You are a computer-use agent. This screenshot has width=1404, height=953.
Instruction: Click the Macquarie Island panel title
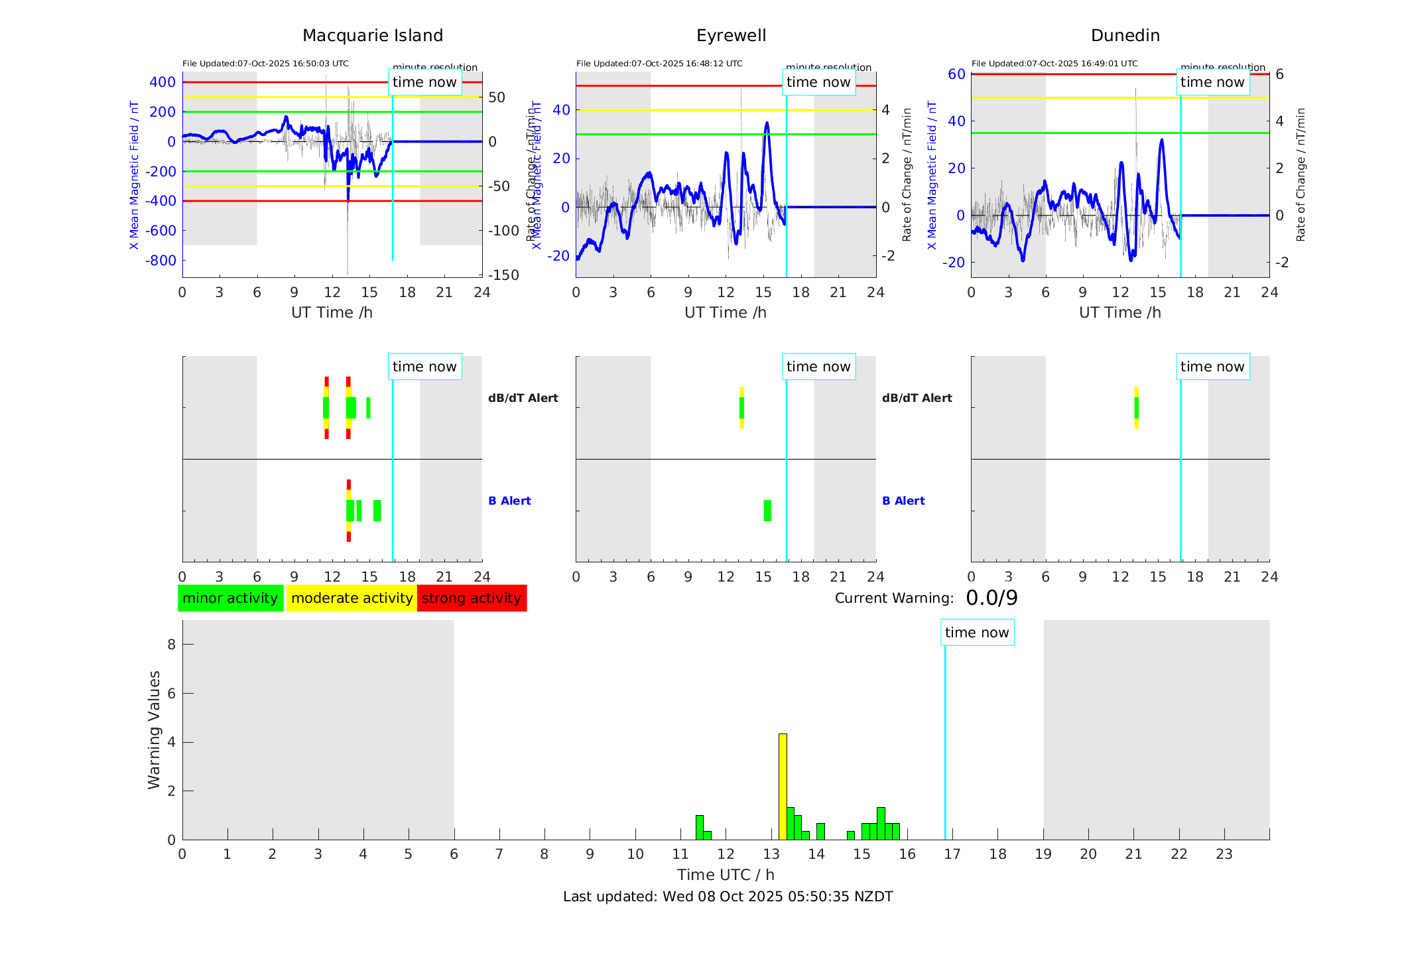(372, 36)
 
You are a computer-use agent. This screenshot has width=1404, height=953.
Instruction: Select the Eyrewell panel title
(731, 36)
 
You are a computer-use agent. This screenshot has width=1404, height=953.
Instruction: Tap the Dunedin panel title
(1125, 36)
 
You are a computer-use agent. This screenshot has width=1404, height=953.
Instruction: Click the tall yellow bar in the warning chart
(783, 786)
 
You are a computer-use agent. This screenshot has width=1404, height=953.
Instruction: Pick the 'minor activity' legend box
(230, 598)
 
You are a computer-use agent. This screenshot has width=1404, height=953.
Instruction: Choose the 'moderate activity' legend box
(351, 598)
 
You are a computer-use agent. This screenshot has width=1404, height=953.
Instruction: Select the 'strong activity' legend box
(472, 598)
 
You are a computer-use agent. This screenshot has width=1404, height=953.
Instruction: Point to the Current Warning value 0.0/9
(991, 598)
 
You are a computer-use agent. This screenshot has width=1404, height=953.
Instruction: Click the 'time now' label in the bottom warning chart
(977, 633)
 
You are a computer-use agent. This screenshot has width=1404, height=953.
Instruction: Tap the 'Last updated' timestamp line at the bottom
(728, 897)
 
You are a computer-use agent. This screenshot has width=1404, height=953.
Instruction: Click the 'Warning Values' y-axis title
(154, 730)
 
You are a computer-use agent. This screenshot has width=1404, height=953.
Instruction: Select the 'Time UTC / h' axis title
(726, 875)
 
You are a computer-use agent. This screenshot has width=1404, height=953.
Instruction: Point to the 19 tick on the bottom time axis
(1043, 854)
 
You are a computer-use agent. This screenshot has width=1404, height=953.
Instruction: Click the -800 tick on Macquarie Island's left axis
(162, 261)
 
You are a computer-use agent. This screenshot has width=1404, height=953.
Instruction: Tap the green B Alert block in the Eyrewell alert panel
(767, 511)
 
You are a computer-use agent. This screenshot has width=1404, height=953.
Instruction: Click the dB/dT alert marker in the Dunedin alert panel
(1136, 407)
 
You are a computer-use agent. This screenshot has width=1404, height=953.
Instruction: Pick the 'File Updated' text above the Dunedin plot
(1054, 64)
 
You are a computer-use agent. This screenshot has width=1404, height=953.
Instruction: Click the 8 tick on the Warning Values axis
(171, 644)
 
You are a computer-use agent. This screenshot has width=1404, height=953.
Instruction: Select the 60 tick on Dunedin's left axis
(956, 74)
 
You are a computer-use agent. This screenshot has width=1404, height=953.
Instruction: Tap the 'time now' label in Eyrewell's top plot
(818, 82)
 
